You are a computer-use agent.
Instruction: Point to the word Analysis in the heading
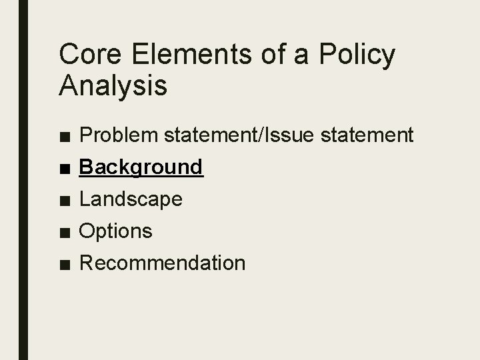(x=113, y=87)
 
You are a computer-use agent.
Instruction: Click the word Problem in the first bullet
(x=117, y=135)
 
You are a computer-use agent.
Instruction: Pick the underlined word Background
(x=141, y=167)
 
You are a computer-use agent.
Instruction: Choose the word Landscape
(x=131, y=199)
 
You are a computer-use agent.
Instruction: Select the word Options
(x=116, y=231)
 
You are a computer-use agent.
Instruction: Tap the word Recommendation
(x=162, y=263)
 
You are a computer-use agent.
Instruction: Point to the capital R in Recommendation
(x=86, y=263)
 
